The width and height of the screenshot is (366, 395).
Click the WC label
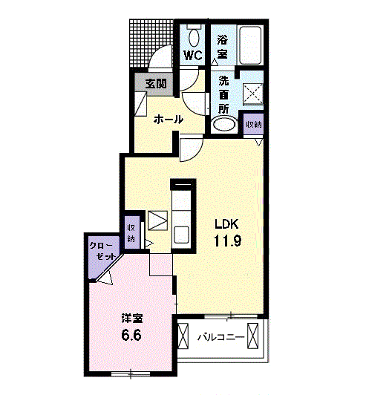coord(193,55)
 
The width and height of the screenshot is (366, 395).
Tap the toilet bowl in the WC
coord(194,38)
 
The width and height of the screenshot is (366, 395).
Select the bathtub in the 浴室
coord(250,45)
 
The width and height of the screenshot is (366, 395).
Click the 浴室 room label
coord(222,47)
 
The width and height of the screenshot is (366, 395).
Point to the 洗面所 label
coord(223,95)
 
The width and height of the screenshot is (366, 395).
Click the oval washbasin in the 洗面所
coord(224,125)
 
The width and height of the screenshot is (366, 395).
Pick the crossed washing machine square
coord(253,94)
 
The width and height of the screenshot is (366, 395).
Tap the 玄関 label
coord(156,84)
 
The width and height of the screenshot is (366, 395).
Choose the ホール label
coord(169,120)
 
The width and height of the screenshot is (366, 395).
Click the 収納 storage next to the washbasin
coord(254,124)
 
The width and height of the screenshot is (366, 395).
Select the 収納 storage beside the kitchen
coord(132,232)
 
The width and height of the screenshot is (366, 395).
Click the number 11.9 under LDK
coord(227,241)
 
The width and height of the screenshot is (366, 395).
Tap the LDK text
coord(226,224)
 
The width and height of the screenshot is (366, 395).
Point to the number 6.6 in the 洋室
coord(131,335)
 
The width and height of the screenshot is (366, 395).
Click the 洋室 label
coord(132,319)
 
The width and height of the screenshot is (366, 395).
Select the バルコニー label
coord(220,337)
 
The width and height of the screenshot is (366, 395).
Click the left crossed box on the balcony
coord(183,336)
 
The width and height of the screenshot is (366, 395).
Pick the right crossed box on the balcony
coord(253,336)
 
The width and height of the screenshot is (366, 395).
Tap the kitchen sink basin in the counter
coord(181,235)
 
